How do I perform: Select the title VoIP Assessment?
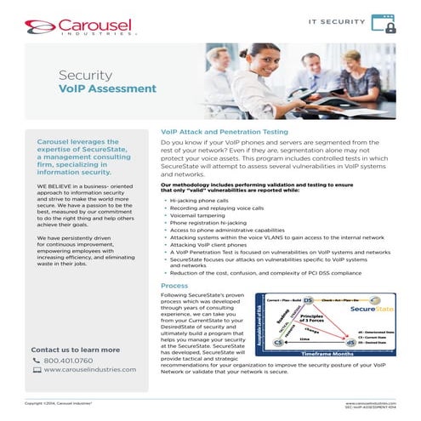tap(107, 88)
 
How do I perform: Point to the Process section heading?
tap(174, 286)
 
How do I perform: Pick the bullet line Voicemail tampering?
tap(201, 215)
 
